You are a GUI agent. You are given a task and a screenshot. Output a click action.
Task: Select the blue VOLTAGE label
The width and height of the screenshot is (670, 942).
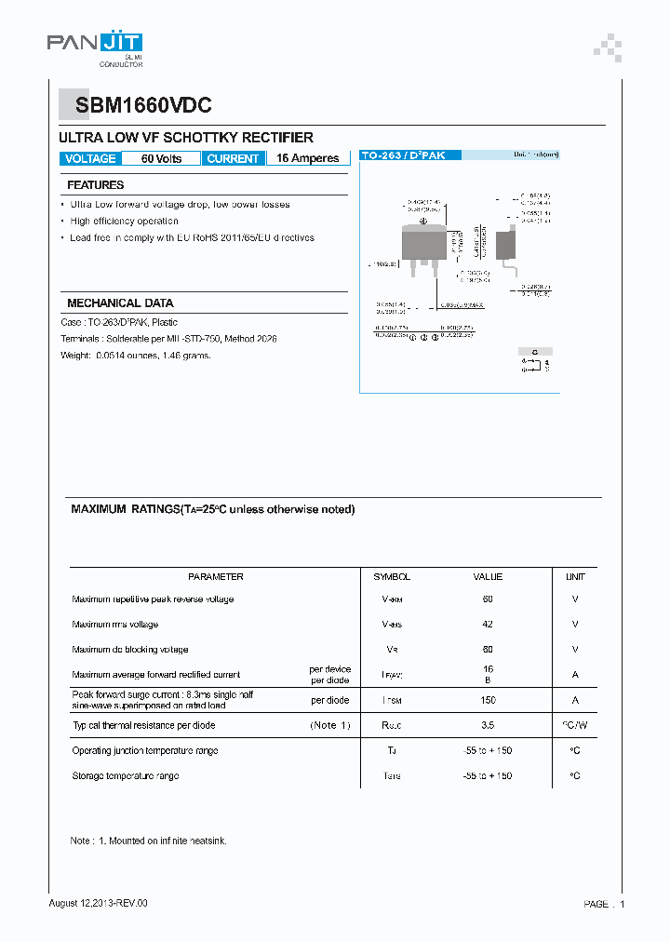pos(90,159)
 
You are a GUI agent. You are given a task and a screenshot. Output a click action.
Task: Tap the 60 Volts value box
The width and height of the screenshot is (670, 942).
pos(161,159)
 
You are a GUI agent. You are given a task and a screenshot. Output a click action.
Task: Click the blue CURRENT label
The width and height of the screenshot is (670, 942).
pos(233,159)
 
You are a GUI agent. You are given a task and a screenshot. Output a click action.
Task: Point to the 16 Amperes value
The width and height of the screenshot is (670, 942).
pos(307,159)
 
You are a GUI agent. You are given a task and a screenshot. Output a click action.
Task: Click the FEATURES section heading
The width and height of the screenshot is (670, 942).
pos(95,185)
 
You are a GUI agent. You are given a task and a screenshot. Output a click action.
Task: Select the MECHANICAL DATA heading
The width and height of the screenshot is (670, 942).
pos(120,303)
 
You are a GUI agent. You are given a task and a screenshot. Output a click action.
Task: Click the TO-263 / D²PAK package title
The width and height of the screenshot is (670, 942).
pos(403,155)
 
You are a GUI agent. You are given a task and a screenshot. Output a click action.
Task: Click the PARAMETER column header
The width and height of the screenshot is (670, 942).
pos(215,577)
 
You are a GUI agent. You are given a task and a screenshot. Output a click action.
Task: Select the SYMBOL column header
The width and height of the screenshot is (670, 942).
pos(392,577)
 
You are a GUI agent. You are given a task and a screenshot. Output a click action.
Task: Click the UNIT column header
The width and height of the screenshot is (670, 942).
pos(575,577)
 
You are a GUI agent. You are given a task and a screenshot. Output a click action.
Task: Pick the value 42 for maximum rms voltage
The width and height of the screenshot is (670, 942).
pos(488,625)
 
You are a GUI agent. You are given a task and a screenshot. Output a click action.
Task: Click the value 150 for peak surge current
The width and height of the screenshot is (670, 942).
pos(488,700)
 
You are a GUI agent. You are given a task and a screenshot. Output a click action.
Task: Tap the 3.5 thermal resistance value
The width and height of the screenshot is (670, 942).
pos(488,725)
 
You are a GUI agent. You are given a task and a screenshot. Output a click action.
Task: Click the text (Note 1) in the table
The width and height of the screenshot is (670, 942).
pos(330,725)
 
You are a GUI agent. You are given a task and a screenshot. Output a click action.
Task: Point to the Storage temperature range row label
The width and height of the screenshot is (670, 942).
pos(126,775)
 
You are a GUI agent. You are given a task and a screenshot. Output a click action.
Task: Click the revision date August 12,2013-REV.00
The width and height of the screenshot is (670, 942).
pos(98,903)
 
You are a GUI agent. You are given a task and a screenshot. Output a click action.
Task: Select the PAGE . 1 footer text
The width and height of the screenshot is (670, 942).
pos(604,904)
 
